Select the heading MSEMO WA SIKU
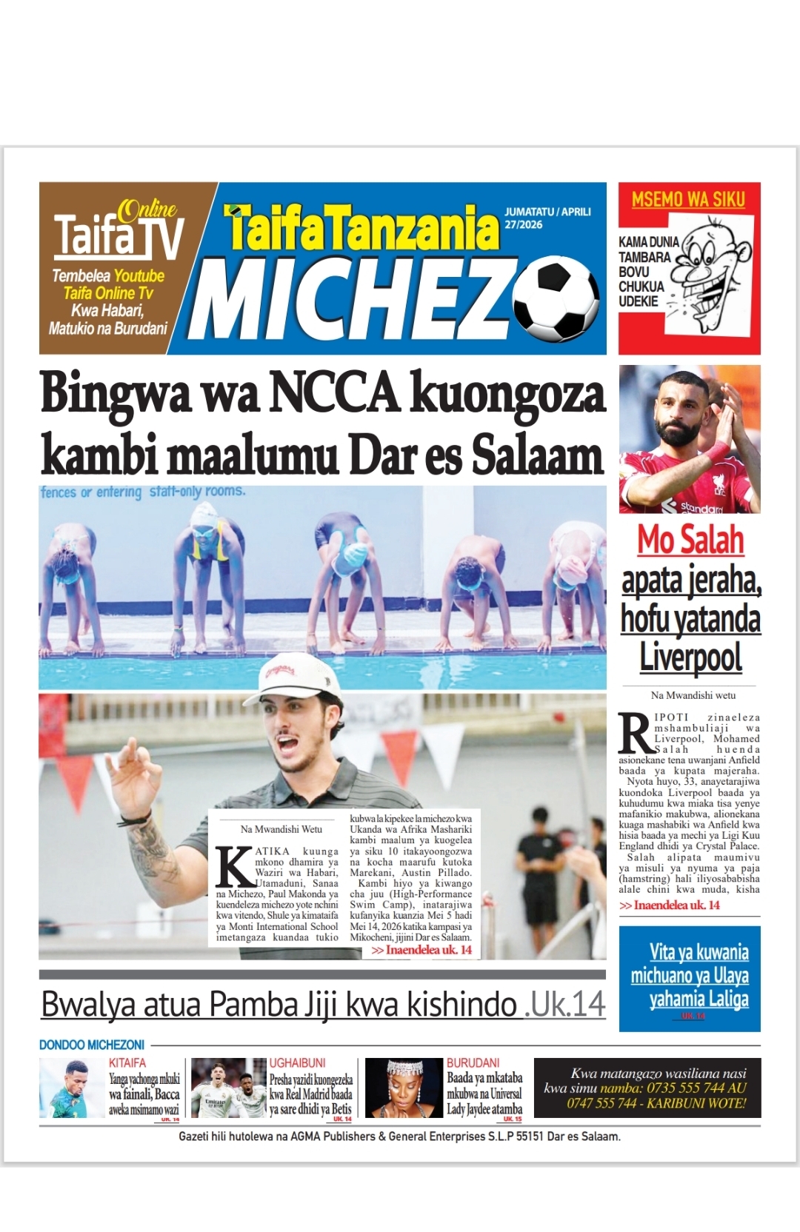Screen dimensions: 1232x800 pyautogui.click(x=688, y=200)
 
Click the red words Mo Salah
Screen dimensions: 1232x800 pyautogui.click(x=690, y=540)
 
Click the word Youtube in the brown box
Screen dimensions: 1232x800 pyautogui.click(x=139, y=276)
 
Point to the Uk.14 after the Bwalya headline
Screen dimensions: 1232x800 pyautogui.click(x=565, y=1005)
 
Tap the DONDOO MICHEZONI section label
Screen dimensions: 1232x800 pyautogui.click(x=92, y=1045)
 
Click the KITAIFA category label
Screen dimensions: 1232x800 pyautogui.click(x=127, y=1062)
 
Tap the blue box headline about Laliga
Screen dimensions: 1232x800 pyautogui.click(x=690, y=975)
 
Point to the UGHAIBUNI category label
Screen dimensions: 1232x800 pyautogui.click(x=297, y=1062)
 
